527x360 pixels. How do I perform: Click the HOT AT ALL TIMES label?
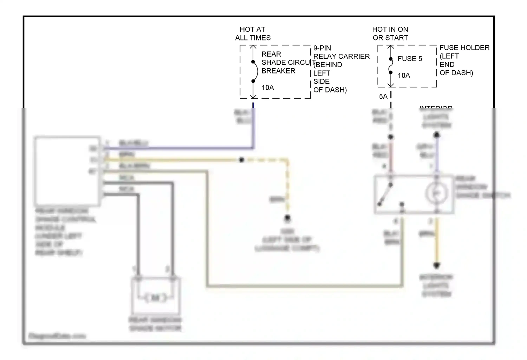[253, 34]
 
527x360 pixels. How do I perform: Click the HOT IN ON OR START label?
[390, 34]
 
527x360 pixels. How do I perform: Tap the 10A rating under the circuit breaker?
[268, 88]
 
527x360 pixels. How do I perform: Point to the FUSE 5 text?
[410, 59]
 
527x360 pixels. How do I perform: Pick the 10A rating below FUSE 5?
[404, 75]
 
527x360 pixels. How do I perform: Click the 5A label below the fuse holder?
[383, 96]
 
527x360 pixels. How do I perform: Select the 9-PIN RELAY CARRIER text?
[341, 52]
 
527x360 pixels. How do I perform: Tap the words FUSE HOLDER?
[464, 47]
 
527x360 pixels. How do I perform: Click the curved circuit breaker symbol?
[255, 71]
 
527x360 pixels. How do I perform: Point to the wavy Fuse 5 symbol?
[391, 66]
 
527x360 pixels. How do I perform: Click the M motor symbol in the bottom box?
[155, 298]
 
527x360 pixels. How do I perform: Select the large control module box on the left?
[67, 171]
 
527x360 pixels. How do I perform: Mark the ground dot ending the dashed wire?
[287, 218]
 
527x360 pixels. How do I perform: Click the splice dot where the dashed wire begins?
[242, 160]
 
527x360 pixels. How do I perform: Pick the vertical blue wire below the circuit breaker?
[253, 127]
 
